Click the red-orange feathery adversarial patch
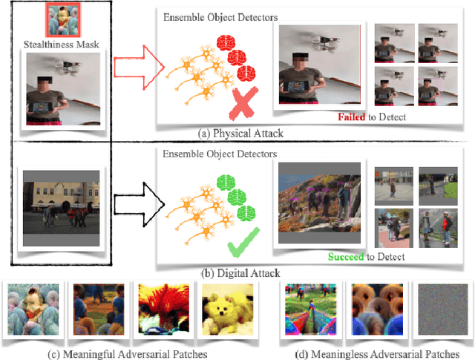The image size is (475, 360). pyautogui.click(x=157, y=311)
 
